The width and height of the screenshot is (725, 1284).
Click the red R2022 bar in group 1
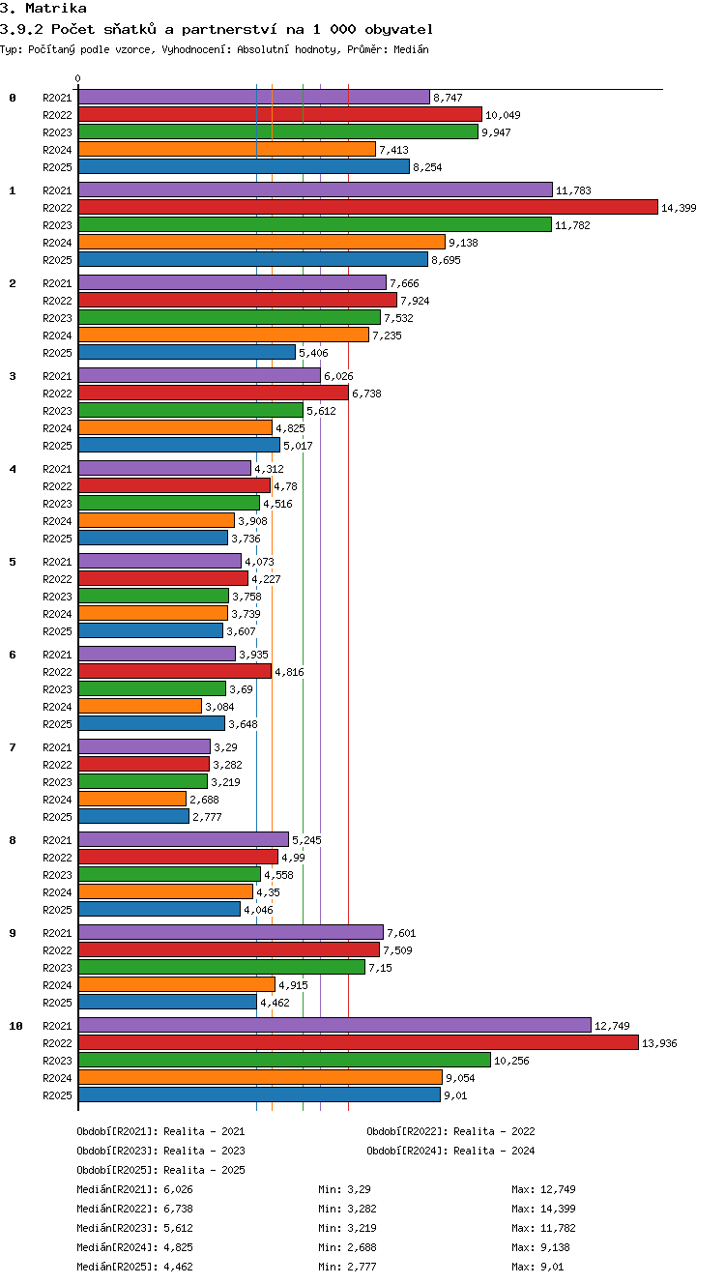368,207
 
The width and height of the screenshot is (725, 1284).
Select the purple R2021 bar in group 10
334,1025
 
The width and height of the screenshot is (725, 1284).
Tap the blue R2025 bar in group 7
133,816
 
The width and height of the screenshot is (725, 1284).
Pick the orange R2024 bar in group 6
140,706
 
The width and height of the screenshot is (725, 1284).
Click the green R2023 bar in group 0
278,131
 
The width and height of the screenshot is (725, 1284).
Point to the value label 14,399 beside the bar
679,208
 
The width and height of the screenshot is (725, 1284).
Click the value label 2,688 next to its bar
205,800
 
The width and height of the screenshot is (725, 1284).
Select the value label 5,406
313,353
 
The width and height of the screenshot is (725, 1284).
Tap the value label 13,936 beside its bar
659,1043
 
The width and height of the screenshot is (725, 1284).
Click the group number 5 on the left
13,562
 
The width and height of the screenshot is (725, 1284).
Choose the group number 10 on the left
16,1026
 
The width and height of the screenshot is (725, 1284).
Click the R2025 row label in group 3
57,446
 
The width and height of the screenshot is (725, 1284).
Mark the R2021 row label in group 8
57,840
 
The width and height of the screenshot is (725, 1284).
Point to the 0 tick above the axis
78,78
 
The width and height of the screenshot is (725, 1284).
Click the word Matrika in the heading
56,8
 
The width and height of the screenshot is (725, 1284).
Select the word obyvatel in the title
399,29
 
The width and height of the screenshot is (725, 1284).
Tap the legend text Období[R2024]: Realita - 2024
450,1151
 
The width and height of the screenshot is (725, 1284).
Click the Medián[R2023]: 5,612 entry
134,1228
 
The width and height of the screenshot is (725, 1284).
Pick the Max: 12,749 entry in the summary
543,1189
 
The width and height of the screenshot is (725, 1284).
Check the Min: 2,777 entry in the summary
347,1267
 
